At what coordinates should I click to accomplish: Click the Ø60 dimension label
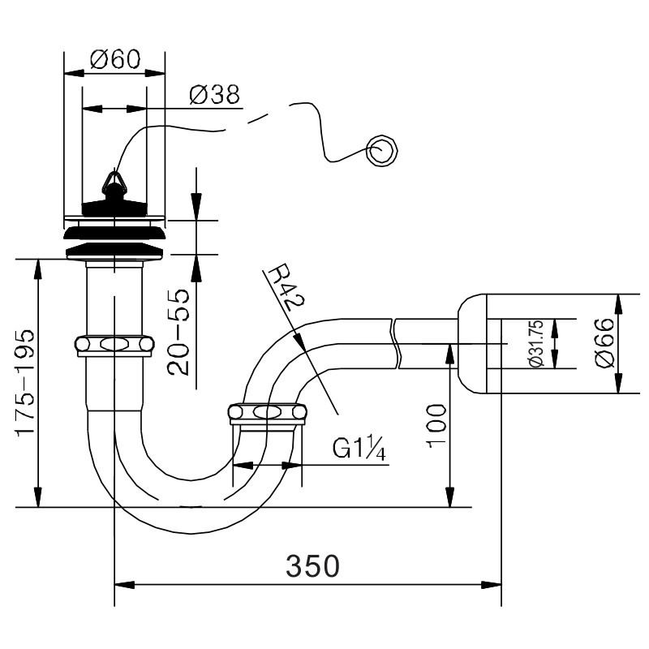point(115,59)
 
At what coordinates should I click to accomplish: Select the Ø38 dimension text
point(214,95)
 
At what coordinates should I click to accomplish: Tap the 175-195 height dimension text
point(25,382)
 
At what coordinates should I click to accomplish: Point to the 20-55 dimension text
point(178,333)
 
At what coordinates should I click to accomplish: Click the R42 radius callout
point(286,287)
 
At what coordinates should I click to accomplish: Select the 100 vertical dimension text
point(436,426)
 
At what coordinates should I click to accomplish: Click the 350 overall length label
point(312,566)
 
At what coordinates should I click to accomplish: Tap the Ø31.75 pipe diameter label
point(536,343)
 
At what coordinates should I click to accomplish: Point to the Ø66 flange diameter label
point(604,342)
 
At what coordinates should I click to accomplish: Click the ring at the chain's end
point(381,151)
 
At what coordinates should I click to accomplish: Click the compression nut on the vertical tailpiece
point(114,345)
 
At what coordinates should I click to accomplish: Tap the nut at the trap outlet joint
point(268,413)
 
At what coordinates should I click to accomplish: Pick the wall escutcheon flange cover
point(472,343)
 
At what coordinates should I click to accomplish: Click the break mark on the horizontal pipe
point(395,343)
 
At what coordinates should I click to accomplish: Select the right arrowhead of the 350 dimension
point(491,585)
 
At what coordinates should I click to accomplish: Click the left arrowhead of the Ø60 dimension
point(75,73)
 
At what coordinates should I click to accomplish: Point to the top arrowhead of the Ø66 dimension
point(618,305)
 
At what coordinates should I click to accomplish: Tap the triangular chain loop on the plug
point(112,182)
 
